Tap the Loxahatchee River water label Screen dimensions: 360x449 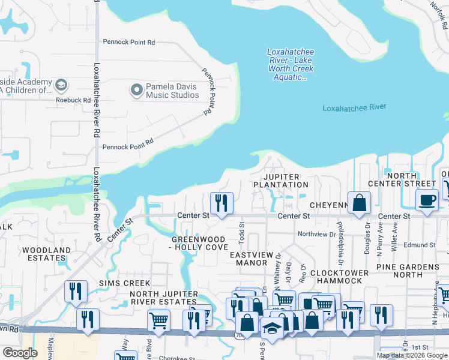click(x=354, y=108)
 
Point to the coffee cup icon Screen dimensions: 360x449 click(x=427, y=200)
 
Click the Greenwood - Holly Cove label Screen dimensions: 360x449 click(x=199, y=243)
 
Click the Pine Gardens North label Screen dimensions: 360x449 click(x=408, y=271)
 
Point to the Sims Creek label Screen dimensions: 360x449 click(x=125, y=283)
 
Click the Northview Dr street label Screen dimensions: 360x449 click(x=316, y=234)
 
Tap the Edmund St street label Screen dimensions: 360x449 click(x=419, y=245)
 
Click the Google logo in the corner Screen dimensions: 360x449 click(x=20, y=353)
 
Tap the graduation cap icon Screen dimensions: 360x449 click(x=272, y=328)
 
